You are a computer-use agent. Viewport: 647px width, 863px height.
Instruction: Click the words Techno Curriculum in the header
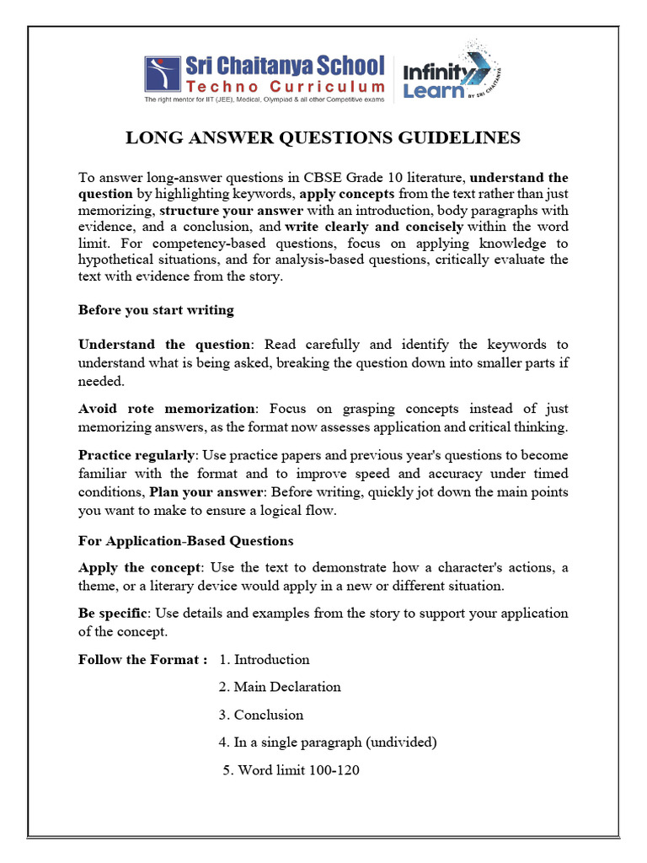[x=286, y=87]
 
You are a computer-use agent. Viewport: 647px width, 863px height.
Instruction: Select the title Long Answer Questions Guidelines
[x=323, y=137]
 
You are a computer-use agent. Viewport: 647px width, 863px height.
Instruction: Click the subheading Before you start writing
[x=156, y=310]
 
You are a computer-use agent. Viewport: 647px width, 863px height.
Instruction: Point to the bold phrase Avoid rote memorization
[x=167, y=409]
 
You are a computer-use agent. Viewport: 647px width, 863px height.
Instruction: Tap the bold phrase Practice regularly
[x=136, y=455]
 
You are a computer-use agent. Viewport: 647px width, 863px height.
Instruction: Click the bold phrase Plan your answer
[x=201, y=492]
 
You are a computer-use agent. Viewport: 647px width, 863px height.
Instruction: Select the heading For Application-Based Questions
[x=186, y=540]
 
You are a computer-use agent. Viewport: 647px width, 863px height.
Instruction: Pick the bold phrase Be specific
[x=113, y=613]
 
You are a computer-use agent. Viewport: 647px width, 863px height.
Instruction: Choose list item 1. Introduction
[x=264, y=660]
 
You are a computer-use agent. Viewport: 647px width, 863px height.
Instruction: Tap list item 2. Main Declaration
[x=280, y=687]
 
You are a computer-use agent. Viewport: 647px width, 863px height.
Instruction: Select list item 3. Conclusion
[x=260, y=715]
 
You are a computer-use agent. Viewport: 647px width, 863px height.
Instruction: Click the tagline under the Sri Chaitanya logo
[x=264, y=99]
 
